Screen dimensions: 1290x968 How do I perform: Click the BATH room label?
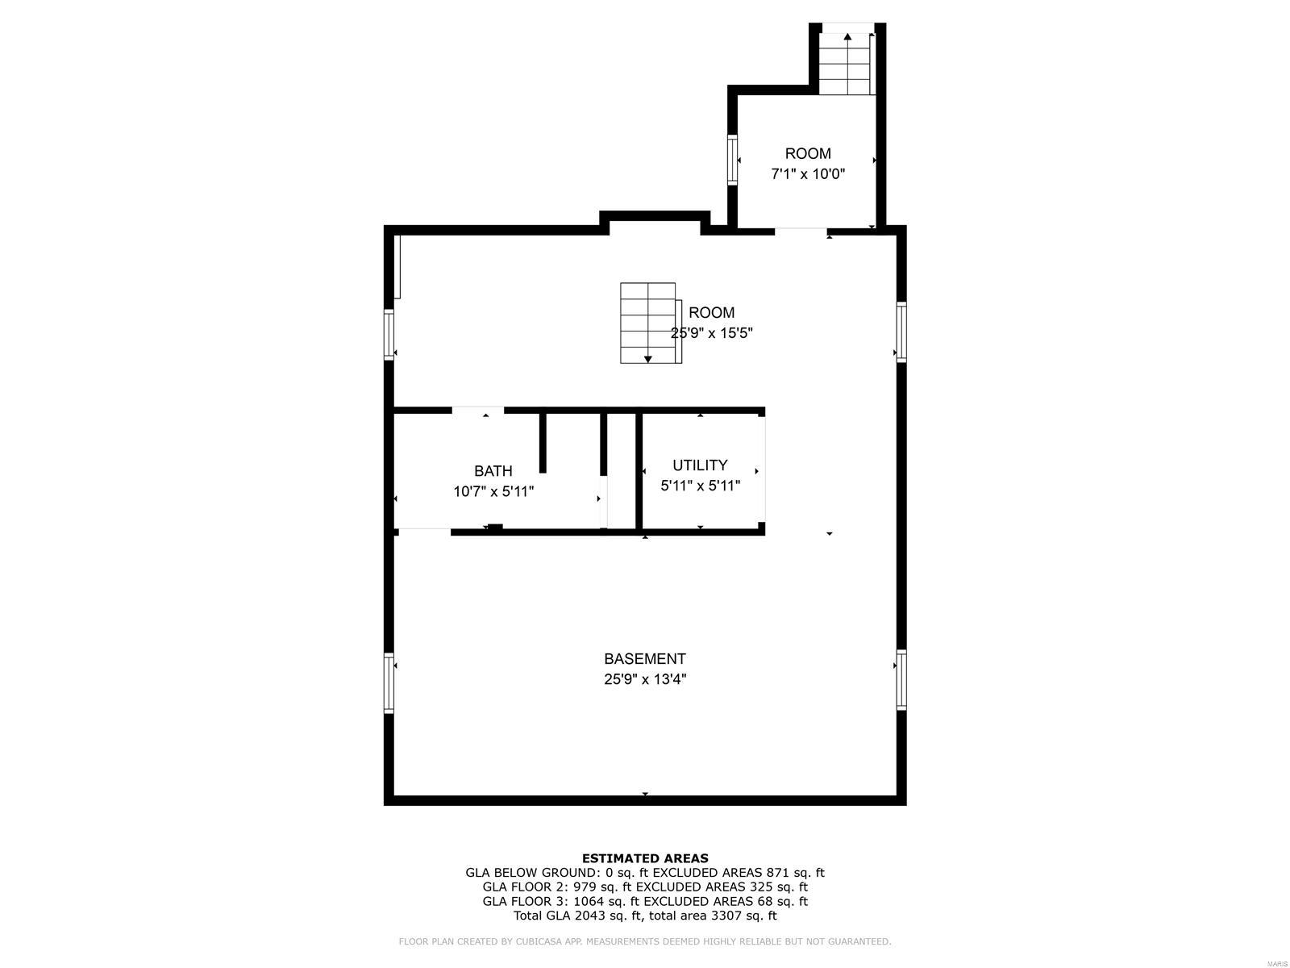493,471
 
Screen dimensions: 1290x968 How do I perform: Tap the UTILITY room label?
700,465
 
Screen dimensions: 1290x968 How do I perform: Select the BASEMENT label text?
645,658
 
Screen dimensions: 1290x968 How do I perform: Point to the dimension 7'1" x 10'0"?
808,174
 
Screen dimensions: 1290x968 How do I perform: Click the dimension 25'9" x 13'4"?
645,679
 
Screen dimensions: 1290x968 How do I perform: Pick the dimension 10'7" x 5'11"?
493,491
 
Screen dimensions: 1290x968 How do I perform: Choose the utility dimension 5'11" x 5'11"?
700,486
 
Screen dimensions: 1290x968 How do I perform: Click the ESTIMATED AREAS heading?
645,858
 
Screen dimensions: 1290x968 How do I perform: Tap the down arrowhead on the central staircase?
647,359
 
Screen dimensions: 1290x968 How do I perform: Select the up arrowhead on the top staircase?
847,36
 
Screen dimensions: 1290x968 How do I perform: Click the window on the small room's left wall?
732,160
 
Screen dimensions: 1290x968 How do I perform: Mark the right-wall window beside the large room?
901,332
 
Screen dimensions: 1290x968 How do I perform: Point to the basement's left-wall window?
389,682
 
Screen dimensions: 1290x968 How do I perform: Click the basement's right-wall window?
901,679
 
